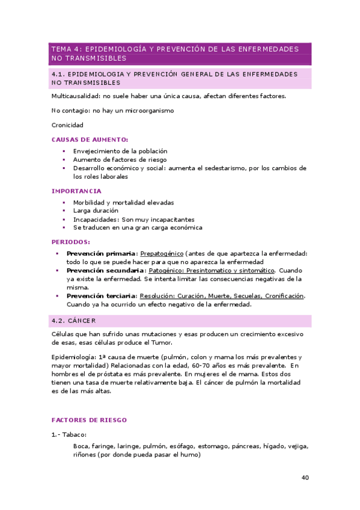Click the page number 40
(x=305, y=478)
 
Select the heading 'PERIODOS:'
(x=70, y=242)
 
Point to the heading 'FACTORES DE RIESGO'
(x=89, y=420)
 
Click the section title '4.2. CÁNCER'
(x=74, y=321)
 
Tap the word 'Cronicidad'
(x=67, y=125)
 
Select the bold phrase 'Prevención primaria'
(x=101, y=253)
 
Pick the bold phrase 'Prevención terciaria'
(x=101, y=296)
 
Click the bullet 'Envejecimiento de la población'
(x=120, y=151)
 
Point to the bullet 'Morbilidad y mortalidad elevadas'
(x=123, y=203)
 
